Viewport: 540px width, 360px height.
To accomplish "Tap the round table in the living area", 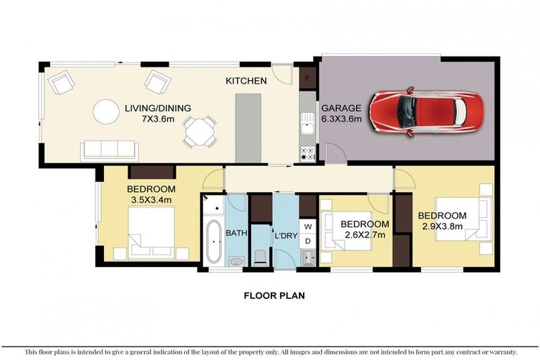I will pyautogui.click(x=107, y=111).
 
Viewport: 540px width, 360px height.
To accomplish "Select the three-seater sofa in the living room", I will pyautogui.click(x=109, y=149).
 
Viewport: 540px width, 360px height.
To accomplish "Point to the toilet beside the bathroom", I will pyautogui.click(x=259, y=255).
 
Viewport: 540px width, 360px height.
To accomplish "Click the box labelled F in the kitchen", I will pyautogui.click(x=307, y=77).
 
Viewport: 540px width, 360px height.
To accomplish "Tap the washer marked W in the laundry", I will pyautogui.click(x=308, y=226).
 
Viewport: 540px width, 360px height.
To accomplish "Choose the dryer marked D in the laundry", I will pyautogui.click(x=308, y=242).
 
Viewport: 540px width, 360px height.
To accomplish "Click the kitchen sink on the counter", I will pyautogui.click(x=307, y=127).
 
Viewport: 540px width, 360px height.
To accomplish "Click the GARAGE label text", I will pyautogui.click(x=341, y=108).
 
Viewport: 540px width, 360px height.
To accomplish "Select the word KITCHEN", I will pyautogui.click(x=245, y=81).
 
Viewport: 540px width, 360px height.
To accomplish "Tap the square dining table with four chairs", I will pyautogui.click(x=199, y=131).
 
